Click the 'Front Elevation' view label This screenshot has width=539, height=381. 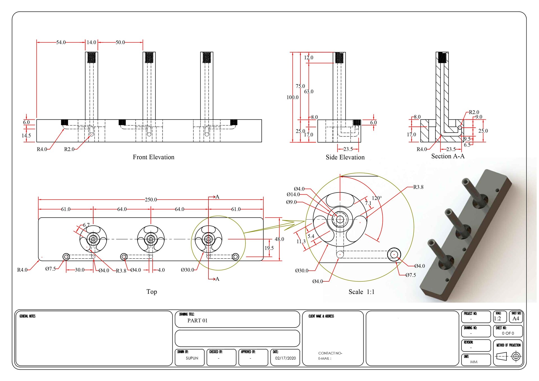click(x=153, y=157)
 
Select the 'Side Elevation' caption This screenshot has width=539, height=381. click(x=345, y=158)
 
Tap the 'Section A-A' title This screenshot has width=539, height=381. click(x=448, y=156)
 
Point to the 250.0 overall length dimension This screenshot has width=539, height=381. click(x=151, y=200)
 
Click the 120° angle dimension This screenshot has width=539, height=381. click(x=376, y=198)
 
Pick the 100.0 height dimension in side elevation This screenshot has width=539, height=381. click(x=292, y=97)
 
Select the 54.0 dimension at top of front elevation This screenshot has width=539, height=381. click(x=61, y=42)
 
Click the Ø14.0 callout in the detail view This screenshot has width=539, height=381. click(x=293, y=194)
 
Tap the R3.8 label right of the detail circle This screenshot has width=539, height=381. click(x=418, y=187)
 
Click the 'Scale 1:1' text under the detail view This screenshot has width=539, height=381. click(x=361, y=292)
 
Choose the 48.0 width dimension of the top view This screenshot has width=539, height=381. click(x=279, y=239)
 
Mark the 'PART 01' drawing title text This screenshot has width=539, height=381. click(x=197, y=321)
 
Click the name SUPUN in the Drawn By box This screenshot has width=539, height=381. click(x=192, y=358)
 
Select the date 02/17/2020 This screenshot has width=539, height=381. click(x=285, y=358)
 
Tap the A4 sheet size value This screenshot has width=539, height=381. click(x=516, y=319)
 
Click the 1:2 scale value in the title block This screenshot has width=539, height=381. click(x=497, y=319)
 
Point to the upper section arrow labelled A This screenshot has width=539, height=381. click(x=217, y=197)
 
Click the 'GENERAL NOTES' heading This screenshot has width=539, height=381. click(x=27, y=316)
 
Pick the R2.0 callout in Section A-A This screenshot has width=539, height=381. click(x=474, y=112)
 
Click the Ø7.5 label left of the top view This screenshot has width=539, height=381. click(x=51, y=269)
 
